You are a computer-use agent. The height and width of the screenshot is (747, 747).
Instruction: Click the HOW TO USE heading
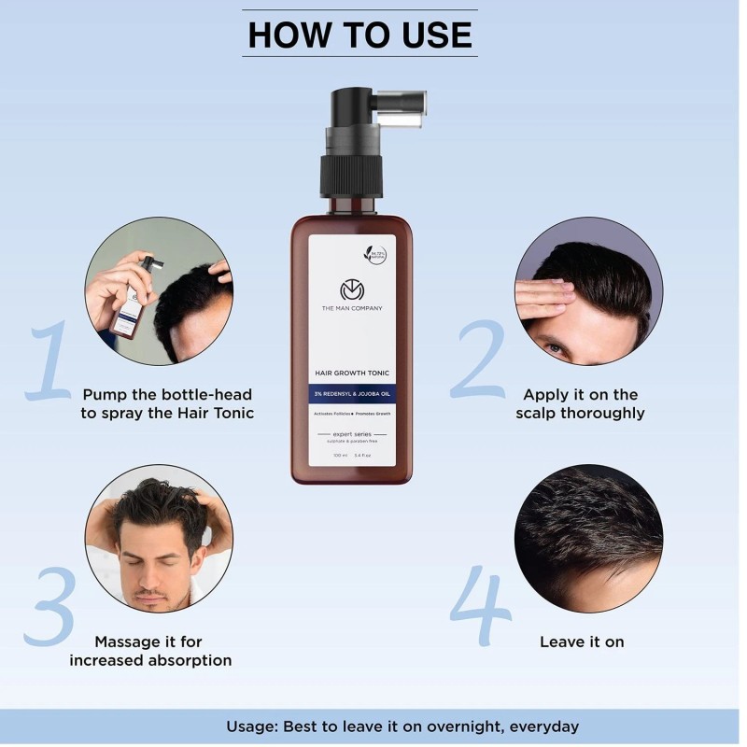coord(359,35)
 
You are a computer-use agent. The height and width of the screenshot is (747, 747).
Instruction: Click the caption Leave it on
coord(582,641)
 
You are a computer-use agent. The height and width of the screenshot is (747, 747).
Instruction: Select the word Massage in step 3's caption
coord(130,641)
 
